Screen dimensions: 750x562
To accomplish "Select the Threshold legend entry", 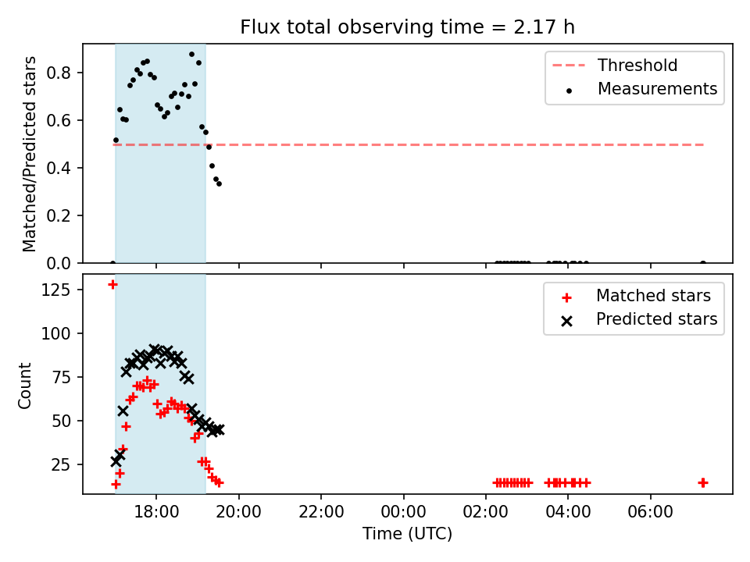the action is [x=615, y=65].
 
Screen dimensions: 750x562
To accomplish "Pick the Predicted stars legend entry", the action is [x=639, y=319].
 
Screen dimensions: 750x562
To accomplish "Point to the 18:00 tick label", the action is [x=156, y=512].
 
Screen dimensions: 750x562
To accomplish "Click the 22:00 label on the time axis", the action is [x=321, y=512].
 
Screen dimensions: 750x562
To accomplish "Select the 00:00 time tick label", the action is [x=403, y=512].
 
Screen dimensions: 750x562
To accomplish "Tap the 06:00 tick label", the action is [x=651, y=512].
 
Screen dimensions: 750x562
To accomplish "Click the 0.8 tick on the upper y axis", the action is [x=59, y=73].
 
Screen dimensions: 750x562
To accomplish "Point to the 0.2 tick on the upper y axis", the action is [x=59, y=216].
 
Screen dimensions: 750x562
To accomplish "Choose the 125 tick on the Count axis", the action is [x=56, y=290].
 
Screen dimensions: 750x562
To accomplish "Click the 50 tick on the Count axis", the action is [x=61, y=421].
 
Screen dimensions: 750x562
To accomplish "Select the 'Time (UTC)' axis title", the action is [x=407, y=534].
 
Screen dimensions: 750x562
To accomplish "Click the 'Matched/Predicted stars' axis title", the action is [x=29, y=154].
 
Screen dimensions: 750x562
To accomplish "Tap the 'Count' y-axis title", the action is [x=24, y=386].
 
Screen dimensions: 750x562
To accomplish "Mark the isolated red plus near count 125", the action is [x=112, y=285].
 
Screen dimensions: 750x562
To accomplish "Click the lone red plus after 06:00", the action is [x=702, y=483].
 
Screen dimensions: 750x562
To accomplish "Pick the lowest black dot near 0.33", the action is [x=219, y=183].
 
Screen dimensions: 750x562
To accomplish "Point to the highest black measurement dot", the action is [x=192, y=55].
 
